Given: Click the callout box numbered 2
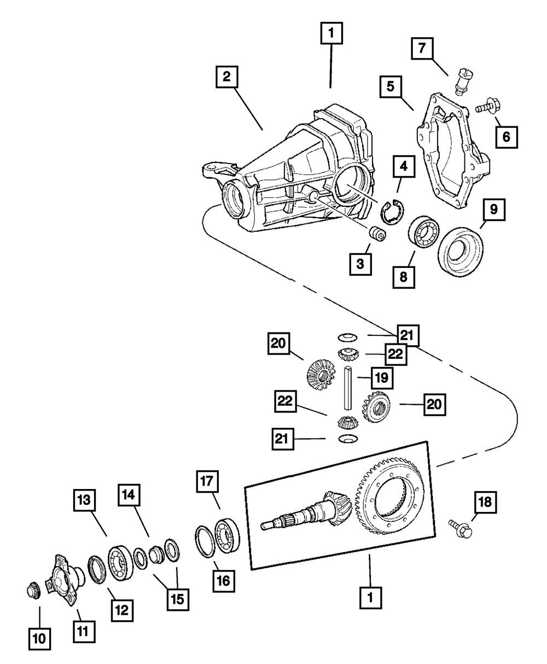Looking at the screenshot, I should pyautogui.click(x=226, y=77).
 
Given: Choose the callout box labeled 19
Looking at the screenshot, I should pyautogui.click(x=382, y=377).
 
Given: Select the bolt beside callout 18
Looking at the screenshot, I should pyautogui.click(x=460, y=527).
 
